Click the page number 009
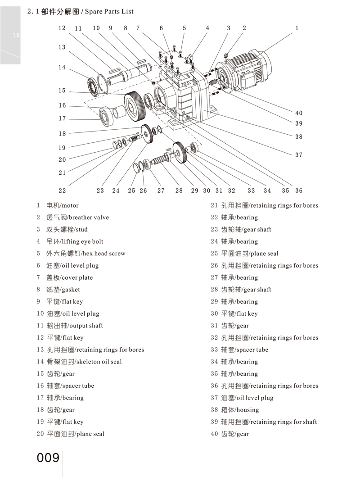click(48, 458)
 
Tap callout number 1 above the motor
click(297, 28)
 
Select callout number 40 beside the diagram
click(299, 113)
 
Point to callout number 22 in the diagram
click(62, 191)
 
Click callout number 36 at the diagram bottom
click(299, 191)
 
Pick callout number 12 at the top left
click(62, 28)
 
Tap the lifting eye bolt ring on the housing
click(191, 57)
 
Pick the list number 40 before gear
click(214, 434)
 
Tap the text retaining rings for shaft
click(283, 422)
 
